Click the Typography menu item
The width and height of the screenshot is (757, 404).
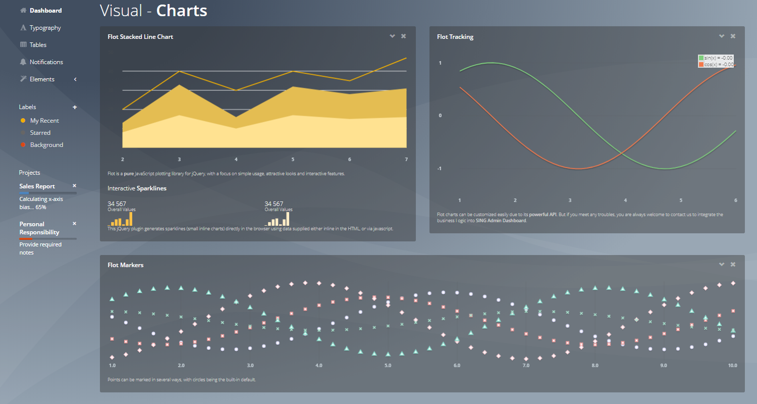45,28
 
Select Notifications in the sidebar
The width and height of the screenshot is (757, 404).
46,62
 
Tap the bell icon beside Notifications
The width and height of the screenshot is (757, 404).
23,62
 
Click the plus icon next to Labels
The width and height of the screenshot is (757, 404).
75,107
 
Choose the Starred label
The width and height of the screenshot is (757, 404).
40,133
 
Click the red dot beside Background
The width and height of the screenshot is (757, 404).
23,145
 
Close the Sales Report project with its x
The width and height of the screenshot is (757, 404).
74,186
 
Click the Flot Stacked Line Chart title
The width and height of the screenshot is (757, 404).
140,37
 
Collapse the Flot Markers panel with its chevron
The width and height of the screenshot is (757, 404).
722,264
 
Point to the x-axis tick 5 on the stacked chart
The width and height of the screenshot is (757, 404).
293,160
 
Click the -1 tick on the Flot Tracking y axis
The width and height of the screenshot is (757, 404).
440,169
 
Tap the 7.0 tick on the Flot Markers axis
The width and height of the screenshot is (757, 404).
526,365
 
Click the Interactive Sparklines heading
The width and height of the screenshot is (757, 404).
137,188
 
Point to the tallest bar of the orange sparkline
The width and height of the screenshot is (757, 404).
131,219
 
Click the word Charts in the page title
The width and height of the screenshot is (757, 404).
182,11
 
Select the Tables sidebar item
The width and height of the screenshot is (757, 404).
38,45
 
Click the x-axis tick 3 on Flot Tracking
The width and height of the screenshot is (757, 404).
570,200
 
